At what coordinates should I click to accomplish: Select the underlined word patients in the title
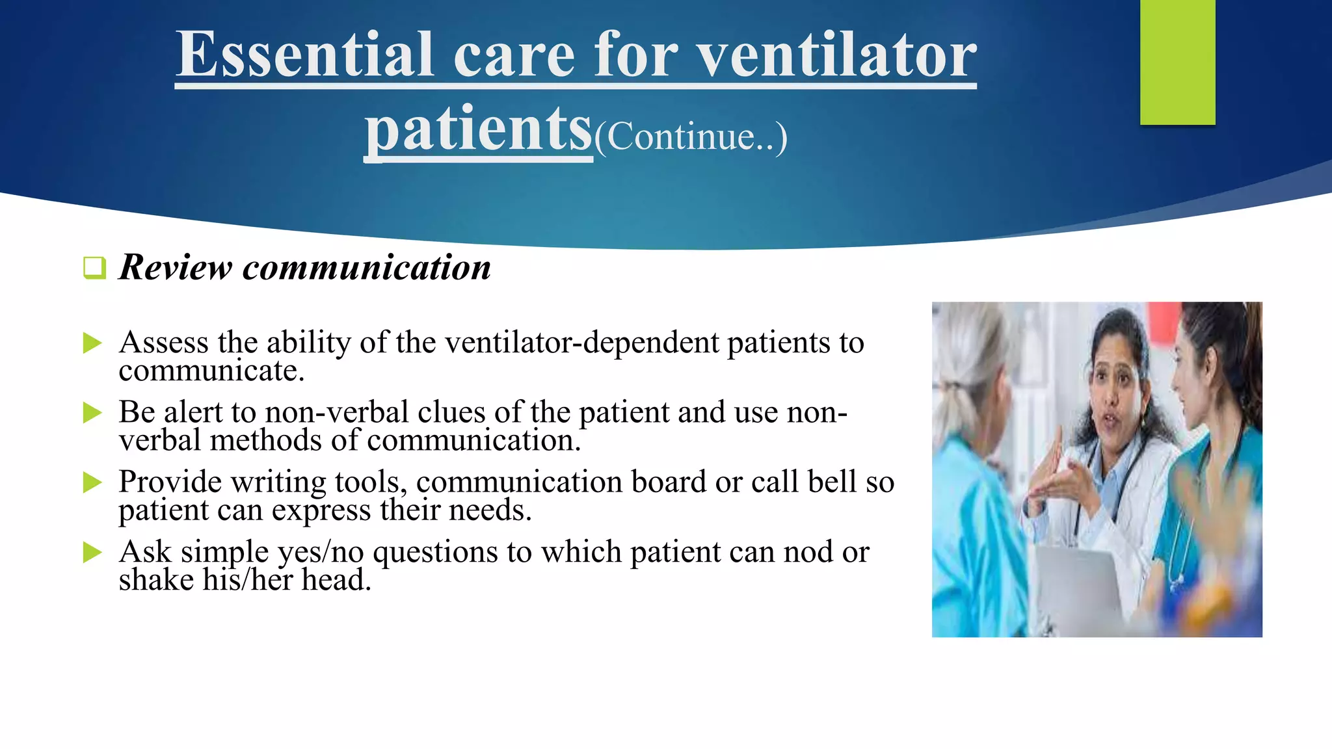(478, 130)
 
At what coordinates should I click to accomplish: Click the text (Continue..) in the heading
(691, 137)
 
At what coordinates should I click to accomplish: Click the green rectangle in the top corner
(1177, 62)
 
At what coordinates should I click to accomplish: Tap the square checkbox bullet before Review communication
(95, 268)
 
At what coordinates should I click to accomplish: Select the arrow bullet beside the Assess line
(93, 343)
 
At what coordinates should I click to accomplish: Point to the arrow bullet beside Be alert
(93, 413)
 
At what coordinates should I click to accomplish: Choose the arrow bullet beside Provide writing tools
(93, 482)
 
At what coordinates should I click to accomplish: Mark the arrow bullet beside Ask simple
(93, 553)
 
